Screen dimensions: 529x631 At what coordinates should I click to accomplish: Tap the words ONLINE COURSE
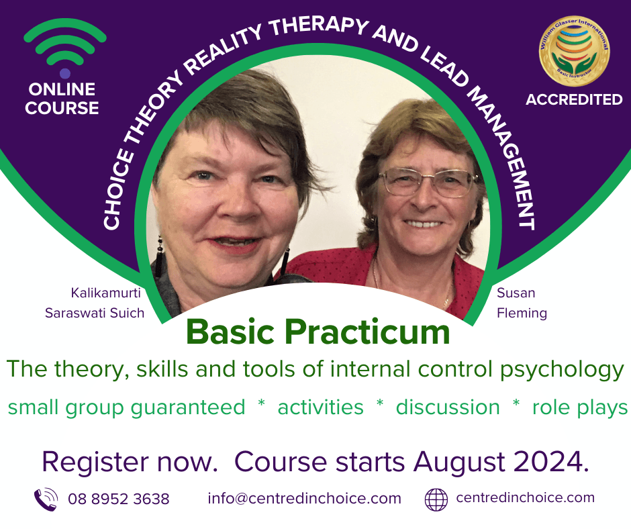[62, 99]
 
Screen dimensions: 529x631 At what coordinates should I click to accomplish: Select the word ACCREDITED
[574, 100]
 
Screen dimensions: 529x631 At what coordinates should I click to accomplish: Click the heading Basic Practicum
[318, 331]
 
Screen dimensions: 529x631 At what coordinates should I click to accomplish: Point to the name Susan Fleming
[522, 303]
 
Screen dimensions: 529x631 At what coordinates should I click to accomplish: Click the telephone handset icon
[46, 499]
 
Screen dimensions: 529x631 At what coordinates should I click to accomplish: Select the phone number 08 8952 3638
[119, 499]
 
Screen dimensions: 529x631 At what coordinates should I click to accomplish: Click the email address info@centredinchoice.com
[304, 498]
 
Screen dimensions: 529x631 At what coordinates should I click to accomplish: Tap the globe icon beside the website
[436, 499]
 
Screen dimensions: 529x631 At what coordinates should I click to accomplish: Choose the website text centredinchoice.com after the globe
[525, 497]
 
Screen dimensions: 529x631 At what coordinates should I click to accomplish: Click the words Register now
[132, 462]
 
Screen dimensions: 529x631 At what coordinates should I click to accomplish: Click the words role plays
[580, 407]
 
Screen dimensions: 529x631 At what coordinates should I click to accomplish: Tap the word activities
[320, 407]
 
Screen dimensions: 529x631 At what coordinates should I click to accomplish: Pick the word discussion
[448, 407]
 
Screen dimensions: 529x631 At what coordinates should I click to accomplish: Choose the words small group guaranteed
[126, 407]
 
